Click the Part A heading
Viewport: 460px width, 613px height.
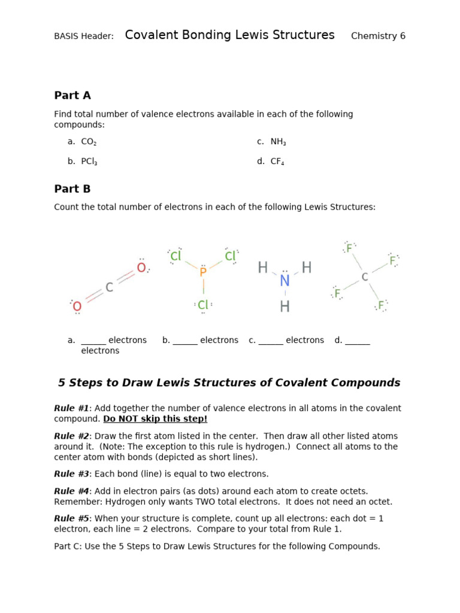pos(72,96)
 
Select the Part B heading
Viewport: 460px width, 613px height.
pos(72,189)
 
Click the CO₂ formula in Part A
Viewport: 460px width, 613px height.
pos(89,142)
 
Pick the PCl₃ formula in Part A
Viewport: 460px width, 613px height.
pos(89,162)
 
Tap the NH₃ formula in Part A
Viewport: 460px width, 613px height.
pos(278,142)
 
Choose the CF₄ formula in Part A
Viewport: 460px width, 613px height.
pos(277,162)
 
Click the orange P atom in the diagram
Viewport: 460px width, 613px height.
pos(203,272)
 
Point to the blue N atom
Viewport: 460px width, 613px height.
pos(285,281)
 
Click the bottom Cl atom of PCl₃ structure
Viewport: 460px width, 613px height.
pos(203,305)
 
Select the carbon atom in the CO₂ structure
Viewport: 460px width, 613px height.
pos(109,288)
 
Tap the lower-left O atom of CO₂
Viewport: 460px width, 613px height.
pos(77,307)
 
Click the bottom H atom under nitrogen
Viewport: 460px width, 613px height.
pos(285,307)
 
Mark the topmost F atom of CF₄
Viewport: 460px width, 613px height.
pos(349,248)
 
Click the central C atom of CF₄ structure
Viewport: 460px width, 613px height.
pos(364,277)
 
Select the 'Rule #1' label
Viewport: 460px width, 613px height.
pos(71,408)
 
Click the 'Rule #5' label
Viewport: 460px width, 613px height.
pos(71,518)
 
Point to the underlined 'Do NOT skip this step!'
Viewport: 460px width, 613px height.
pos(155,419)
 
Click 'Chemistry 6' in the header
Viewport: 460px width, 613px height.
pos(378,36)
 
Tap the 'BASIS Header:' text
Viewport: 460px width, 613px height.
pos(84,37)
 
